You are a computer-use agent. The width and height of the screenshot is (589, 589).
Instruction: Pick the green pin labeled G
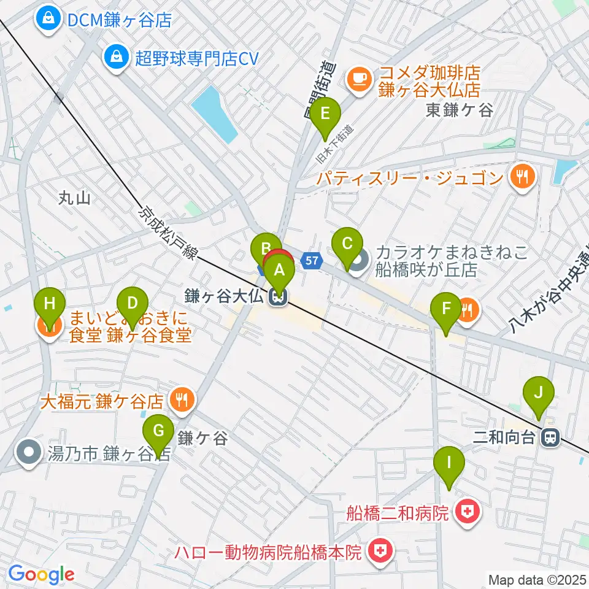pyautogui.click(x=158, y=432)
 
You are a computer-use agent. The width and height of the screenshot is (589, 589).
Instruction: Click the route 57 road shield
pyautogui.click(x=312, y=260)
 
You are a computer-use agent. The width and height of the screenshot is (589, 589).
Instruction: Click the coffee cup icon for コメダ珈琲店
pyautogui.click(x=358, y=77)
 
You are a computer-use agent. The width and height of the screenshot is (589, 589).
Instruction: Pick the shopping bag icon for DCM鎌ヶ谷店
pyautogui.click(x=47, y=20)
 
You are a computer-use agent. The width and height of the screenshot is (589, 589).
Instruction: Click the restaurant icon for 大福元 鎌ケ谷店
pyautogui.click(x=182, y=401)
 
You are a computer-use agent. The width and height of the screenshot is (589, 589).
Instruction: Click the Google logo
pyautogui.click(x=41, y=574)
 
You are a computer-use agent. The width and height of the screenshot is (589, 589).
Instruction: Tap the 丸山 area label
pyautogui.click(x=75, y=198)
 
